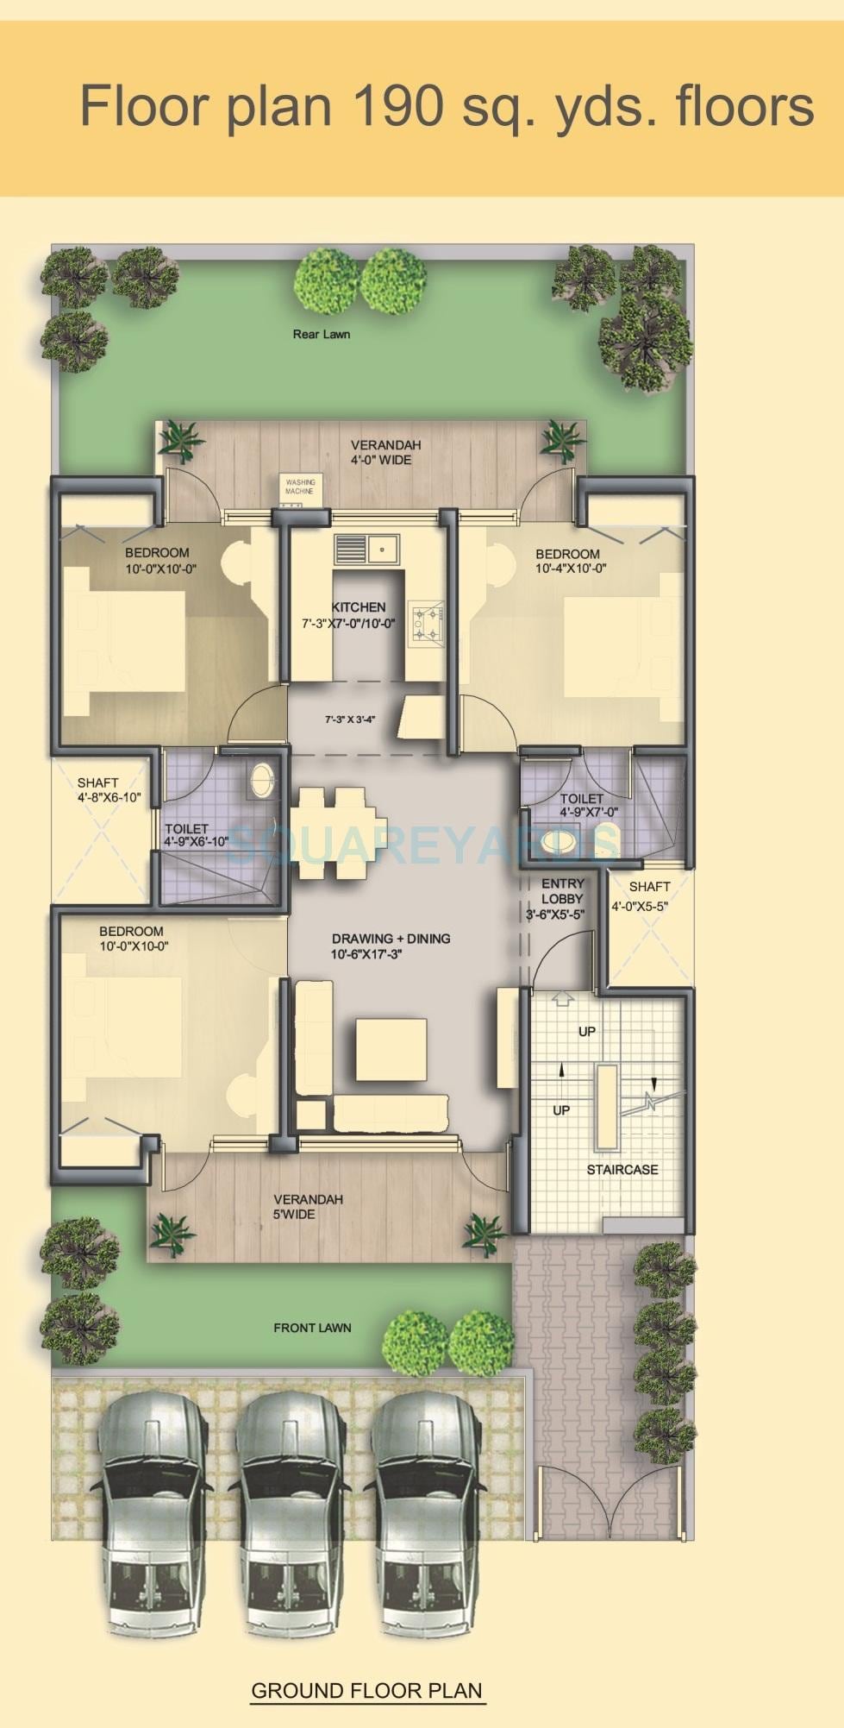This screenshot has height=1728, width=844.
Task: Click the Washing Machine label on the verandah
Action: [x=300, y=487]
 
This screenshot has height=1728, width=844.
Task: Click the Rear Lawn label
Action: [x=321, y=334]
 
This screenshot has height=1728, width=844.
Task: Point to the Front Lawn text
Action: [x=312, y=1328]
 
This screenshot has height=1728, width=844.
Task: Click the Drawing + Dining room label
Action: [x=391, y=939]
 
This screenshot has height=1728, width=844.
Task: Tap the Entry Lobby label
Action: [x=562, y=891]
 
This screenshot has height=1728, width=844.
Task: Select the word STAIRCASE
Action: [x=622, y=1170]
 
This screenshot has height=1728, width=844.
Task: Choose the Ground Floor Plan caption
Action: [x=366, y=1690]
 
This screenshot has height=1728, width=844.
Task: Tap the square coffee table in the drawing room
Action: [x=391, y=1049]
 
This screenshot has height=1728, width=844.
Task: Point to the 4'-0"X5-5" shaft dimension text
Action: [x=640, y=907]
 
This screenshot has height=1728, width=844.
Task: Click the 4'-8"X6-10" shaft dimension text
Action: [x=109, y=798]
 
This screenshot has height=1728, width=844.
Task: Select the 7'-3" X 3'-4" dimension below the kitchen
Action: [x=349, y=719]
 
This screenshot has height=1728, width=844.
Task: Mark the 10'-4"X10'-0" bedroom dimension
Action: [x=571, y=569]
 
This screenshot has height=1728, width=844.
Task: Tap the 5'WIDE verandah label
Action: [x=294, y=1215]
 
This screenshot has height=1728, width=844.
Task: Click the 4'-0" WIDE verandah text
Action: [x=380, y=460]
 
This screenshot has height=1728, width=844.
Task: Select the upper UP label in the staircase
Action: [x=587, y=1032]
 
